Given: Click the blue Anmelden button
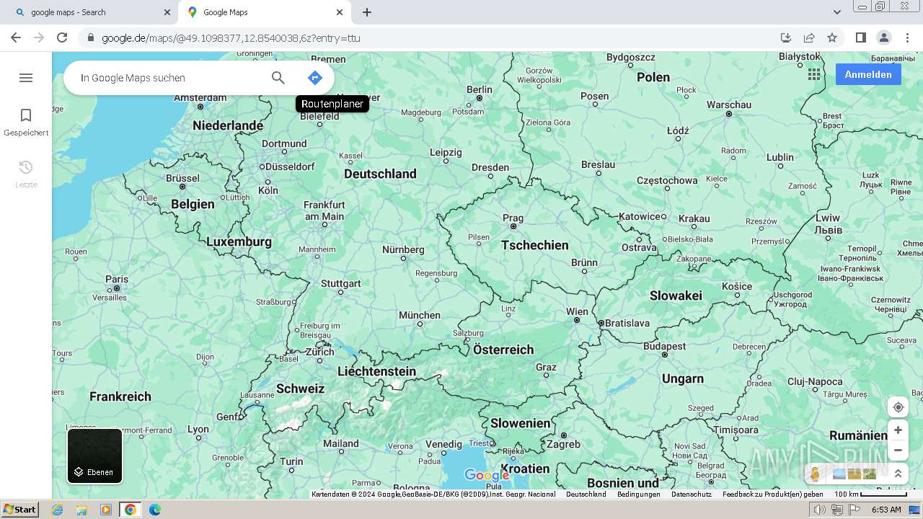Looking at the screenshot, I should click(x=867, y=74).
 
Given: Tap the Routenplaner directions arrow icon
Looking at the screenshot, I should click(x=314, y=78).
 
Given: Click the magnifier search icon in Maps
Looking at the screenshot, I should click(x=278, y=78).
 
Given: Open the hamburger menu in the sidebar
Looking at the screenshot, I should click(x=26, y=78).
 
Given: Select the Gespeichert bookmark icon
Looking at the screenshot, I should click(x=26, y=115).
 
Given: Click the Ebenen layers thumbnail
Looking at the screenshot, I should click(x=94, y=456).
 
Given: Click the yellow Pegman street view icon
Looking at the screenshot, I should click(x=815, y=474).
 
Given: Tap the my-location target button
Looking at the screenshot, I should click(x=898, y=407).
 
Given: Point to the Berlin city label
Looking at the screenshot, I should click(x=479, y=90).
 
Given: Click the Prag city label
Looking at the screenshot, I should click(x=513, y=218).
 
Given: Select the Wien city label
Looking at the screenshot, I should click(x=577, y=311).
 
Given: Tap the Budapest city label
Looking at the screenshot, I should click(x=664, y=346).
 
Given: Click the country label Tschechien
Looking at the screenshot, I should click(x=534, y=245).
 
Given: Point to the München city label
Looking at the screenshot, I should click(x=419, y=315).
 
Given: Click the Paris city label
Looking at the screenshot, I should click(x=117, y=279).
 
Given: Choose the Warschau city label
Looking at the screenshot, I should click(x=728, y=105).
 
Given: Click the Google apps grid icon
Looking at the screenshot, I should click(x=814, y=74).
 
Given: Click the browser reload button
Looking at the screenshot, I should click(x=62, y=37).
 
